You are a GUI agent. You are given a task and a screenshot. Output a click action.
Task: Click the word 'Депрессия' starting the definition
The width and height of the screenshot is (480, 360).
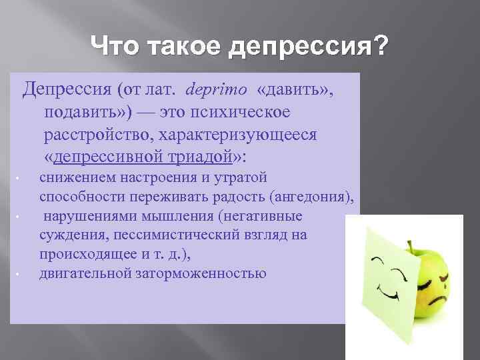coord(60,89)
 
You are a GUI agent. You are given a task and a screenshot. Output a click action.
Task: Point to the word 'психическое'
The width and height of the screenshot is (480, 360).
coord(249,112)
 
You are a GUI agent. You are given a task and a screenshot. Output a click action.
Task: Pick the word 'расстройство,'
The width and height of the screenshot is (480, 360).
coord(98,135)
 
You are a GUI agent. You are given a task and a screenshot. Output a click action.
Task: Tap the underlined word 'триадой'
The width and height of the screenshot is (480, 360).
coord(200,158)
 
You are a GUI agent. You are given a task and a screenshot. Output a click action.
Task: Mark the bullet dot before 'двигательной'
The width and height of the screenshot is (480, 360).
coord(19,273)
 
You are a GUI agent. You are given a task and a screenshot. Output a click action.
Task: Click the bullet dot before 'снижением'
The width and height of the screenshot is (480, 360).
coord(19,179)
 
